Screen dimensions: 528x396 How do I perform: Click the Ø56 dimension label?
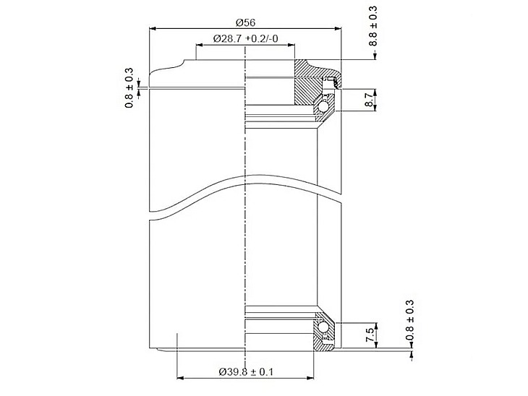pyautogui.click(x=245, y=22)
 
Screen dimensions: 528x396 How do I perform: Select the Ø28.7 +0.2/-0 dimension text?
pyautogui.click(x=245, y=39)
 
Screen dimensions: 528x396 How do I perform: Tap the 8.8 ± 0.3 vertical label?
pyautogui.click(x=372, y=26)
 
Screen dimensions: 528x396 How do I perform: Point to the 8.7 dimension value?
pyautogui.click(x=370, y=100)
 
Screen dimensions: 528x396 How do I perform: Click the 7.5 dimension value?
pyautogui.click(x=370, y=335)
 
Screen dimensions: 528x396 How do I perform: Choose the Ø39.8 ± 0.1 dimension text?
pyautogui.click(x=246, y=371)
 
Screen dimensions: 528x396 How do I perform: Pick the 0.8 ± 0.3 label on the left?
pyautogui.click(x=129, y=88)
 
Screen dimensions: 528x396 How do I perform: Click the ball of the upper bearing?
pyautogui.click(x=324, y=107)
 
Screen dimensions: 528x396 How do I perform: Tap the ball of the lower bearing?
pyautogui.click(x=324, y=327)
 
